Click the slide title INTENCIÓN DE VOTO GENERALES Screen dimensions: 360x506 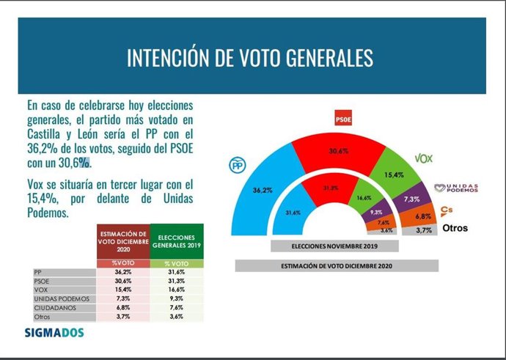[x=250, y=58]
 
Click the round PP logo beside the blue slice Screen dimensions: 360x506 [x=238, y=166]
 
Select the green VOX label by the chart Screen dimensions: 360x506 [x=424, y=158]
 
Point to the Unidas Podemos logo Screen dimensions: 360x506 [x=455, y=188]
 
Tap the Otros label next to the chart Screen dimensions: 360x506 [x=454, y=229]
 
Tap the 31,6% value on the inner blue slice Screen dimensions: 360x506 [x=293, y=213]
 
